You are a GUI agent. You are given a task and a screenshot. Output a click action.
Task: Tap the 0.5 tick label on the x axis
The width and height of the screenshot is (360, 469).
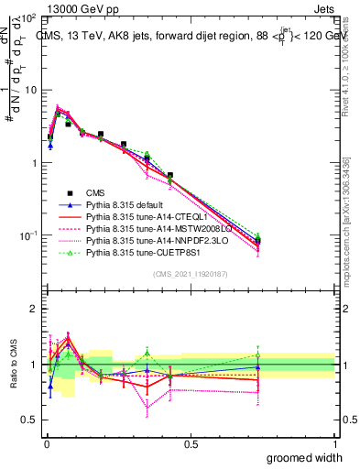pyautogui.click(x=190, y=443)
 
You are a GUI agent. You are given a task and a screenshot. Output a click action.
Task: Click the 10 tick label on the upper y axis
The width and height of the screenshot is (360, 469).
pyautogui.click(x=30, y=90)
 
